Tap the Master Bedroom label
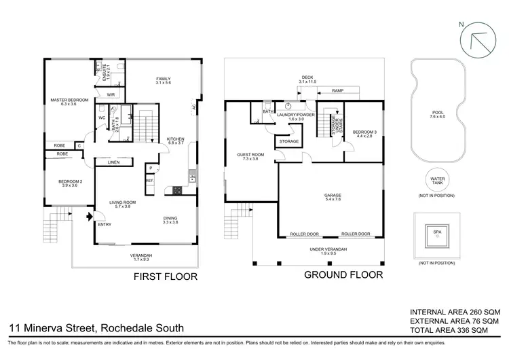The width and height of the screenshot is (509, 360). pos(70,102)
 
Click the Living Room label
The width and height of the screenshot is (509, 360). pos(124,203)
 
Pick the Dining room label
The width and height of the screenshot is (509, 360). pos(170,220)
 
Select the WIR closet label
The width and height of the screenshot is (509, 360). pos(111,94)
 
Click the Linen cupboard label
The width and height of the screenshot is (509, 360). pos(114,162)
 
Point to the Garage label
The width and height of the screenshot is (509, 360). pos(333,197)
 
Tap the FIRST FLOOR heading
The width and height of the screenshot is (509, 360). pos(166,276)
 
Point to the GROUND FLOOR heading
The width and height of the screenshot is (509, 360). pos(343,275)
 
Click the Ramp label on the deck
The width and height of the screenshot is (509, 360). pos(337,90)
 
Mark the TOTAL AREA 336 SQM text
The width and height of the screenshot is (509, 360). pos(455,330)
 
